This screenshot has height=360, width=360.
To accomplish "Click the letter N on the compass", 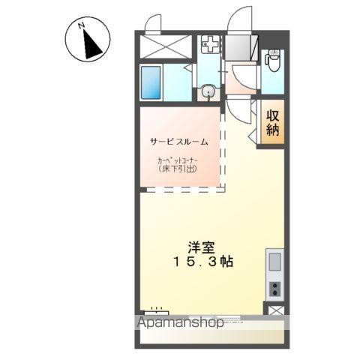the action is pyautogui.click(x=81, y=25).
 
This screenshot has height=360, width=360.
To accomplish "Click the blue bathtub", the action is pyautogui.click(x=151, y=82).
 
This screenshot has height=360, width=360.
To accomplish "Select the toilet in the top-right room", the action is pyautogui.click(x=272, y=60).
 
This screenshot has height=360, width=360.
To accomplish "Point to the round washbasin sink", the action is pyautogui.click(x=208, y=91).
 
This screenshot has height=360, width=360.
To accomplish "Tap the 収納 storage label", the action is pyautogui.click(x=272, y=123).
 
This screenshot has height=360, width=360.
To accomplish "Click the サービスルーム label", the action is pyautogui.click(x=179, y=142).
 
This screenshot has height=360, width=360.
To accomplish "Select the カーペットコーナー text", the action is pyautogui.click(x=178, y=160).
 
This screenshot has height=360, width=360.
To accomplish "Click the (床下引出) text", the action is pyautogui.click(x=178, y=169).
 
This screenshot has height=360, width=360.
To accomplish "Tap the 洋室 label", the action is pyautogui.click(x=202, y=247).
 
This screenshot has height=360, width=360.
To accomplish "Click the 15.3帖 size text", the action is pyautogui.click(x=203, y=262).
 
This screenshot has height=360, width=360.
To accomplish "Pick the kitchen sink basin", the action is pyautogui.click(x=274, y=262).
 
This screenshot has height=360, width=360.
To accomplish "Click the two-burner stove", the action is pyautogui.click(x=275, y=289).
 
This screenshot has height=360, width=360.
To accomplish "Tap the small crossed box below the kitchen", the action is pyautogui.click(x=274, y=310).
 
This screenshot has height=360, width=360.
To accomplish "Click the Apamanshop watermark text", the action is pyautogui.click(x=180, y=322).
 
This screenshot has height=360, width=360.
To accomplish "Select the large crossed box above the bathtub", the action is pyautogui.click(x=166, y=46).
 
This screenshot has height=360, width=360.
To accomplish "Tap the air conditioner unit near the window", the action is pyautogui.click(x=157, y=312).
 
